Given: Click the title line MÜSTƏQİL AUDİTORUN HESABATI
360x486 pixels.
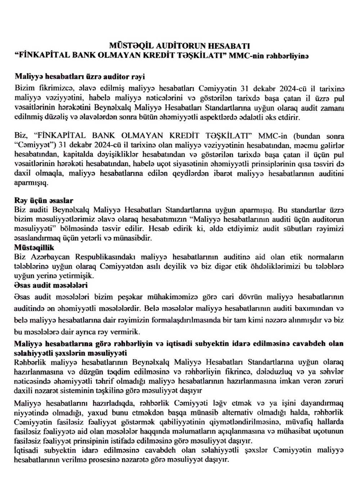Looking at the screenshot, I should click(x=180, y=46).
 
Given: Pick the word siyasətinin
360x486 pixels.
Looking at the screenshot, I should click(x=192, y=164).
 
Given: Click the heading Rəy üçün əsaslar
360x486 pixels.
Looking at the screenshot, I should click(x=44, y=200).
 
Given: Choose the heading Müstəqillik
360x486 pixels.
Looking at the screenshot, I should click(x=34, y=247).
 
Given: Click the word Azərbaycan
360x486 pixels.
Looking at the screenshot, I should click(x=48, y=257).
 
